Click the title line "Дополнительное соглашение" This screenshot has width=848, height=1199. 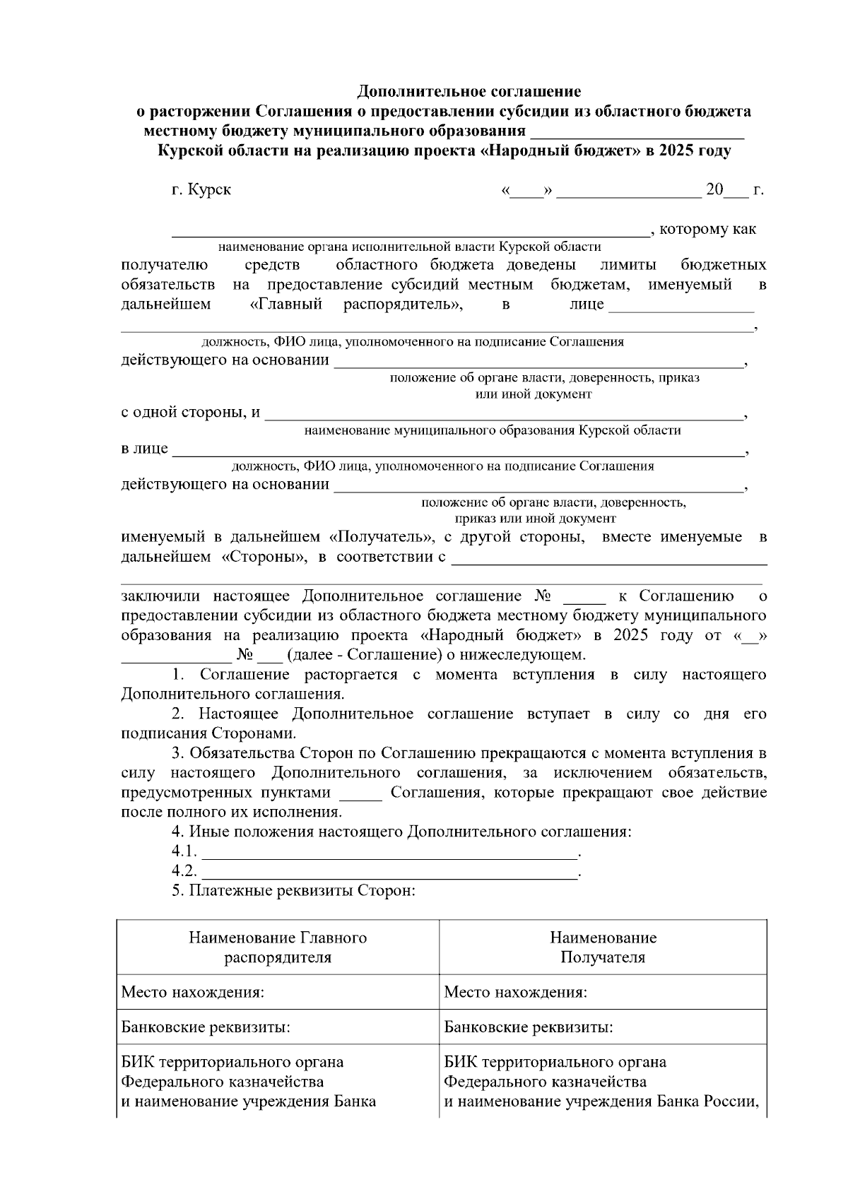point(469,91)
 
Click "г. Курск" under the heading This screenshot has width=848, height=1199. point(201,190)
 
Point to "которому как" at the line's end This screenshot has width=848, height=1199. point(707,229)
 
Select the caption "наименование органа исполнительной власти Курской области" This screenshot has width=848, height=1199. point(409,247)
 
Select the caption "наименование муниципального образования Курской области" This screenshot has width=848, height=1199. point(493,430)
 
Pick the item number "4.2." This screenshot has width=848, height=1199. point(184,871)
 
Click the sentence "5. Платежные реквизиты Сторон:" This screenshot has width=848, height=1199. point(293,891)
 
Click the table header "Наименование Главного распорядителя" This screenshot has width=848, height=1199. point(278,947)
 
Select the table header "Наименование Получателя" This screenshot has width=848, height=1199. point(603,947)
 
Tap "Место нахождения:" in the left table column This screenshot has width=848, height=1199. point(193,992)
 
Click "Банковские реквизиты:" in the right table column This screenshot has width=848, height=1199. point(528,1027)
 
